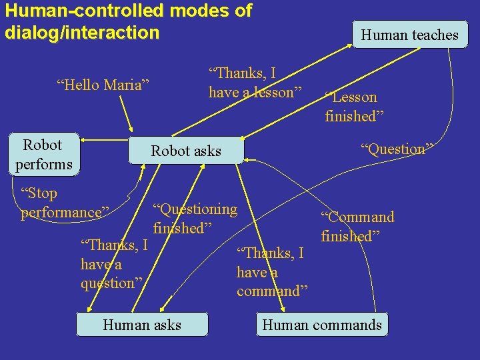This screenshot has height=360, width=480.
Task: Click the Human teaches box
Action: coord(410,35)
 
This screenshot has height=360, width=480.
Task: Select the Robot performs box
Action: coord(43,154)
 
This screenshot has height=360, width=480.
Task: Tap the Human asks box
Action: coord(142,325)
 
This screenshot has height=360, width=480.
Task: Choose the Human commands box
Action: coord(322,325)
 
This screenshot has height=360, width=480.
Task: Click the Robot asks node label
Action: coord(186,151)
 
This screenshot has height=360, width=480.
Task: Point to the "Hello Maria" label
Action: coord(103,85)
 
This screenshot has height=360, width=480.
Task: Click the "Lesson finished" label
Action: coord(351,107)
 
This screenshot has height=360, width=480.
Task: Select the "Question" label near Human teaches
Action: coord(397,149)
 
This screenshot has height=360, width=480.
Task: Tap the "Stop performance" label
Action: coord(65,203)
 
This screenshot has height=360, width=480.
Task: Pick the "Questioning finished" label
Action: coord(195,218)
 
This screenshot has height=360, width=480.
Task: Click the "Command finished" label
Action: coord(357,226)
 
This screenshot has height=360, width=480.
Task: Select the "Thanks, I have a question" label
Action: coord(113,263)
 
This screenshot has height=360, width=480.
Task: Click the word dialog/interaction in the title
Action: coord(82,32)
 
